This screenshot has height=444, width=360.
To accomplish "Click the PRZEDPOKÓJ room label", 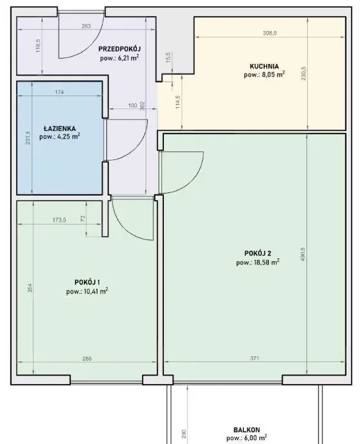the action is pos(119,49).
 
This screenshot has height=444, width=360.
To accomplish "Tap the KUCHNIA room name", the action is pos(264,66).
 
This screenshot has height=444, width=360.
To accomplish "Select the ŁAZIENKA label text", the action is pos(60,128).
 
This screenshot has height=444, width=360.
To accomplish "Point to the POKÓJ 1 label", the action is pos(87,282).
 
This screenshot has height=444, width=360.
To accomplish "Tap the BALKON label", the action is pos(246,430).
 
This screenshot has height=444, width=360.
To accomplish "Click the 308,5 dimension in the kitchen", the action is pos(270,33).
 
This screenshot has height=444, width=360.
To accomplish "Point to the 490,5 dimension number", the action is pos(303,254).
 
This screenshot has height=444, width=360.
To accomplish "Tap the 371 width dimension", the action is pos(255,358).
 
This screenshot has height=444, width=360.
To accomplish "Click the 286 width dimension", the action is pos(87,358).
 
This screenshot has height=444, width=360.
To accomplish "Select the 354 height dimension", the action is pos(30,288).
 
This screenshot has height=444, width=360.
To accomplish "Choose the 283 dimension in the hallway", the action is pos(86,26).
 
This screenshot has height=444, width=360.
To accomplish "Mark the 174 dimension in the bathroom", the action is pos(59,92).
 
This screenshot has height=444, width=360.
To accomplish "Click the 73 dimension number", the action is pos(83,219).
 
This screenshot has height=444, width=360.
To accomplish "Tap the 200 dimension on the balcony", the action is pos(184,434).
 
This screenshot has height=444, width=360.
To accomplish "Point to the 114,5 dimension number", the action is pos(177,102).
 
